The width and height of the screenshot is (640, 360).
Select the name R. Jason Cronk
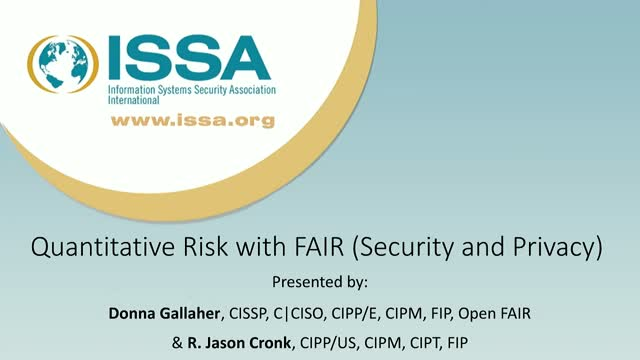click(240, 340)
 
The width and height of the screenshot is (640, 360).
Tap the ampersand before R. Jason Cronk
click(179, 340)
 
